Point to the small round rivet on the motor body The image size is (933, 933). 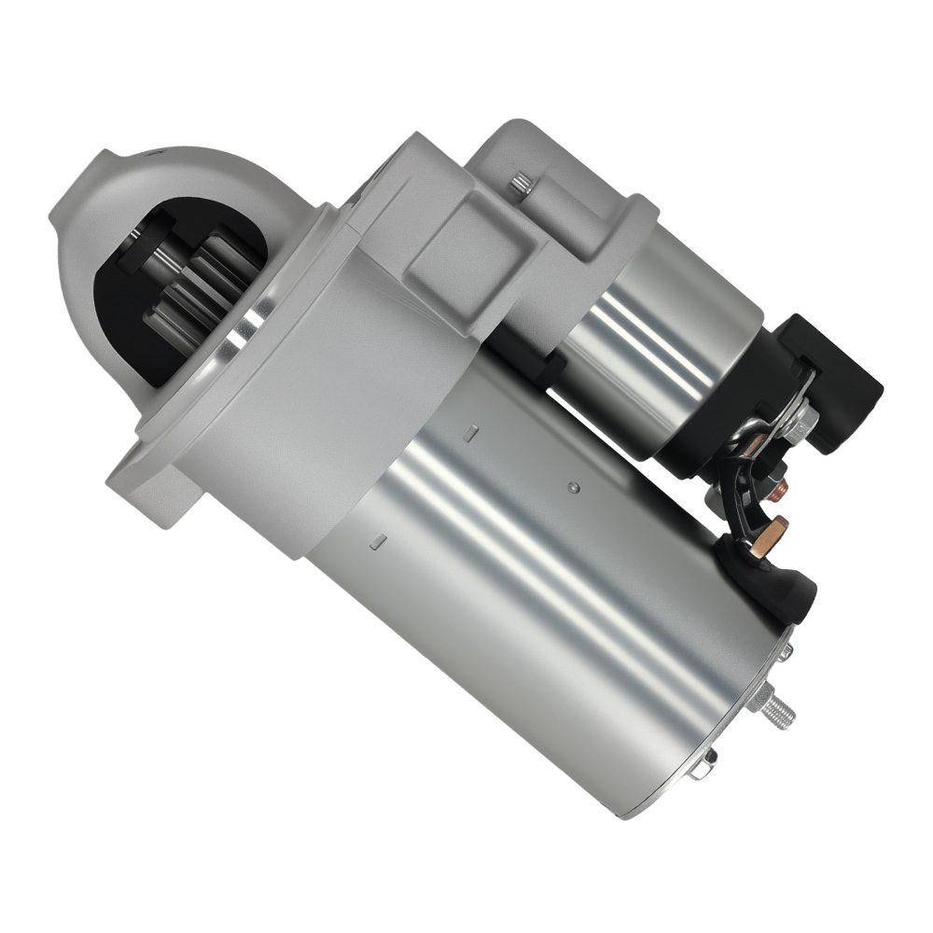(574, 487)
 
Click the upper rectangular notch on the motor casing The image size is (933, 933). (471, 431)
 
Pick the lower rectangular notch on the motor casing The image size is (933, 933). (378, 539)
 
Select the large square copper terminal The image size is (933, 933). (767, 539)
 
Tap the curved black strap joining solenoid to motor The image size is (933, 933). (737, 485)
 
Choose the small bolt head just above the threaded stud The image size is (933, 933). (785, 652)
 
